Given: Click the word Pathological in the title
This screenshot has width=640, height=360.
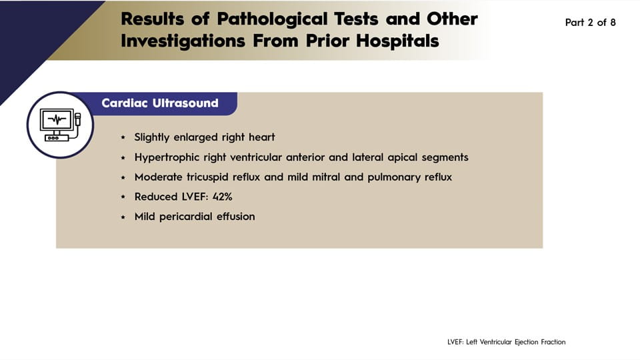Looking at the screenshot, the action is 272,19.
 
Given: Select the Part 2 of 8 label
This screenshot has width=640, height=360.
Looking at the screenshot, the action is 590,23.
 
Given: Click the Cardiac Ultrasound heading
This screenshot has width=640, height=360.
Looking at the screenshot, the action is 160,103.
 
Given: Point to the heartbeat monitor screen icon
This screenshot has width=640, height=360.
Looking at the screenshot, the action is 57,119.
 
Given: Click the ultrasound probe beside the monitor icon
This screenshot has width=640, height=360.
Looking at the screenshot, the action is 77,119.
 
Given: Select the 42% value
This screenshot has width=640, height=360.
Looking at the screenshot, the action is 222,197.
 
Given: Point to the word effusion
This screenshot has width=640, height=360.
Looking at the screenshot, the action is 235,216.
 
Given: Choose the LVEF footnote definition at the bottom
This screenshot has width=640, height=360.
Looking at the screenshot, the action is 506,342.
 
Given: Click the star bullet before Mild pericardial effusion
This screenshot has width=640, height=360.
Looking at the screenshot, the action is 123,217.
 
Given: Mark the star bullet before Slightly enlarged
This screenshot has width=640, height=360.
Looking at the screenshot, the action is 123,137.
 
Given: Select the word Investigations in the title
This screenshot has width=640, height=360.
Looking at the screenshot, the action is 183,41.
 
